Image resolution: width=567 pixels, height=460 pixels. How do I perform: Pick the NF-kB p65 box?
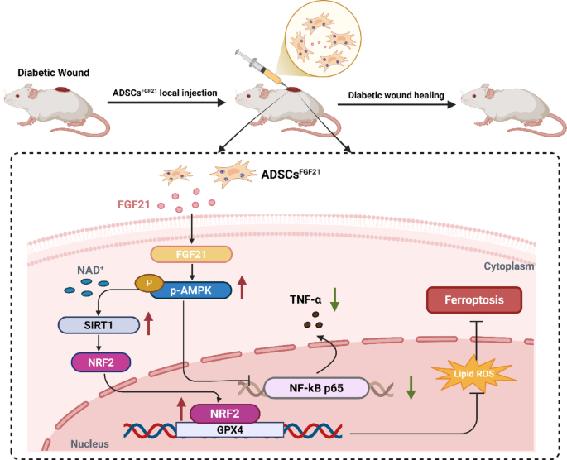(315, 386)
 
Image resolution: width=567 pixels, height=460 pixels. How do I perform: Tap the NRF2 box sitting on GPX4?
(225, 411)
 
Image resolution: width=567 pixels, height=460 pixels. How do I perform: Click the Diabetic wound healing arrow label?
(395, 97)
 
